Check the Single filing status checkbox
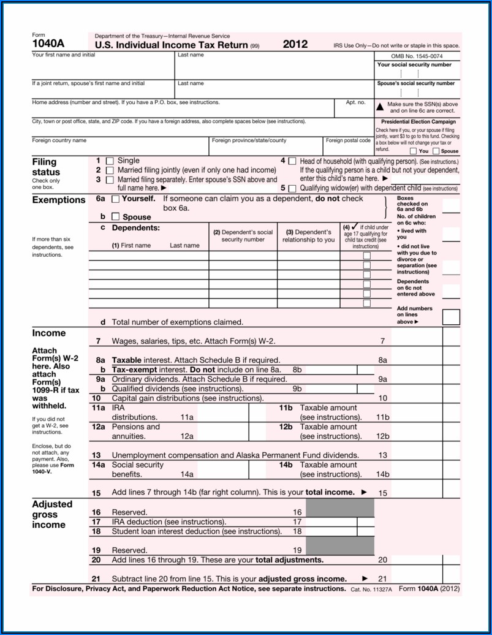[110, 161]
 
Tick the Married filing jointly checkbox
[110, 170]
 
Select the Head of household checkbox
[292, 161]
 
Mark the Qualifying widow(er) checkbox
[292, 189]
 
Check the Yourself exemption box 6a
[116, 199]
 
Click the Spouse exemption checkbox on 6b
[116, 217]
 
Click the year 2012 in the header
[295, 45]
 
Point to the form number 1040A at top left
[48, 44]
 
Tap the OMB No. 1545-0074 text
[417, 56]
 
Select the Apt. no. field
[355, 110]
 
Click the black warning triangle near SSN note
[380, 105]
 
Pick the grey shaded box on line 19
[339, 546]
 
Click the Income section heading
[48, 333]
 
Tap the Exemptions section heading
[59, 200]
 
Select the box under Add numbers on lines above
[451, 317]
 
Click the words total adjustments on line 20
[289, 560]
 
